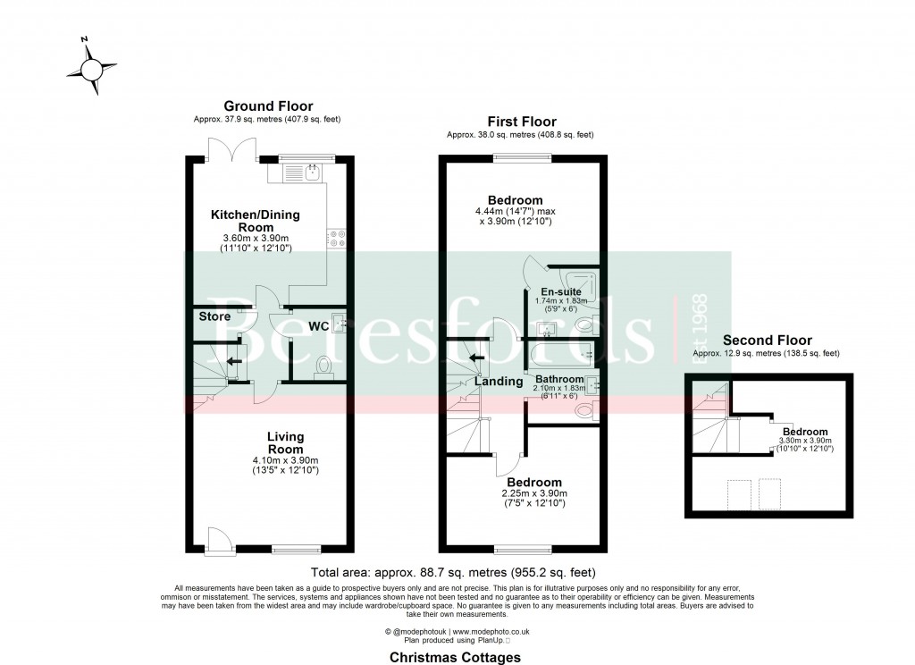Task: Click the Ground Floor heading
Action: pyautogui.click(x=268, y=106)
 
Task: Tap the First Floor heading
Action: pyautogui.click(x=521, y=122)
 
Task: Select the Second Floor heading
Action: pyautogui.click(x=767, y=340)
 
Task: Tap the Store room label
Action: pyautogui.click(x=214, y=316)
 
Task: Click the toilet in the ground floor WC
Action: pyautogui.click(x=323, y=366)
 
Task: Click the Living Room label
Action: pyautogui.click(x=286, y=442)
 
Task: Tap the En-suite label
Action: pyautogui.click(x=562, y=291)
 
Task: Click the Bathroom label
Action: pyautogui.click(x=559, y=379)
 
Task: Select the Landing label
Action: pyautogui.click(x=498, y=382)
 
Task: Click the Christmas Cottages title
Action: pyautogui.click(x=456, y=656)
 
